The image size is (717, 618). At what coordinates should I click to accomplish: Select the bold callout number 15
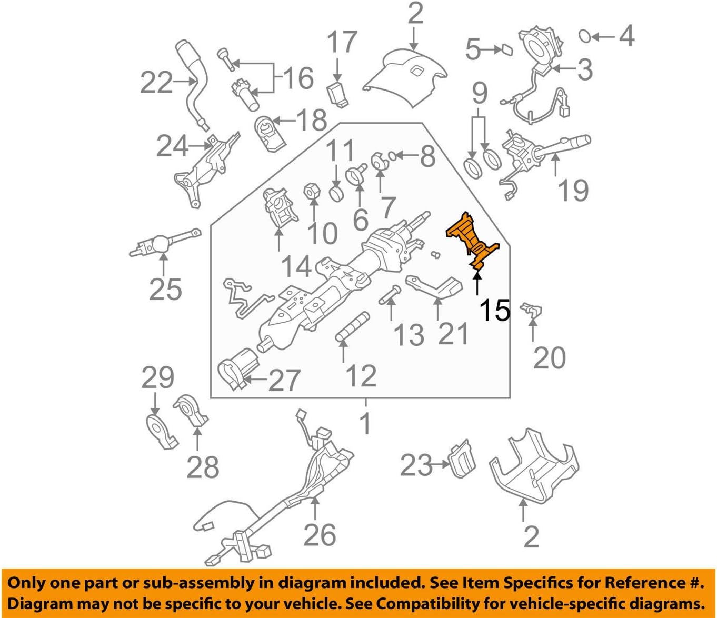[494, 310]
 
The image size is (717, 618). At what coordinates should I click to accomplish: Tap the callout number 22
[156, 83]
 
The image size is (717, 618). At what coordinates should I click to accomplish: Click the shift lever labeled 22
[194, 79]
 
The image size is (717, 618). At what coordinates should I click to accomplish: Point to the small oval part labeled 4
[584, 36]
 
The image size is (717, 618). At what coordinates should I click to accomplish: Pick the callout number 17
[342, 42]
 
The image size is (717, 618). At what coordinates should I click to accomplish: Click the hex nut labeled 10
[311, 192]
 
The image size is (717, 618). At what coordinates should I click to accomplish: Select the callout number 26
[320, 535]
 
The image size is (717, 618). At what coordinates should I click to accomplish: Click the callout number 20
[549, 358]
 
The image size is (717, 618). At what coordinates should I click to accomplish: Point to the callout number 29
[157, 377]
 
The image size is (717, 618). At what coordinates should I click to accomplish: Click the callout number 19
[573, 190]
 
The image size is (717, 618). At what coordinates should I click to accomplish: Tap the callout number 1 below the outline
[365, 423]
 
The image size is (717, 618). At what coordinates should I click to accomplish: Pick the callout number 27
[284, 380]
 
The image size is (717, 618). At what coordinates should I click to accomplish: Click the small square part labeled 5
[506, 49]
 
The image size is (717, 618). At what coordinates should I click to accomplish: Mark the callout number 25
[165, 289]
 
